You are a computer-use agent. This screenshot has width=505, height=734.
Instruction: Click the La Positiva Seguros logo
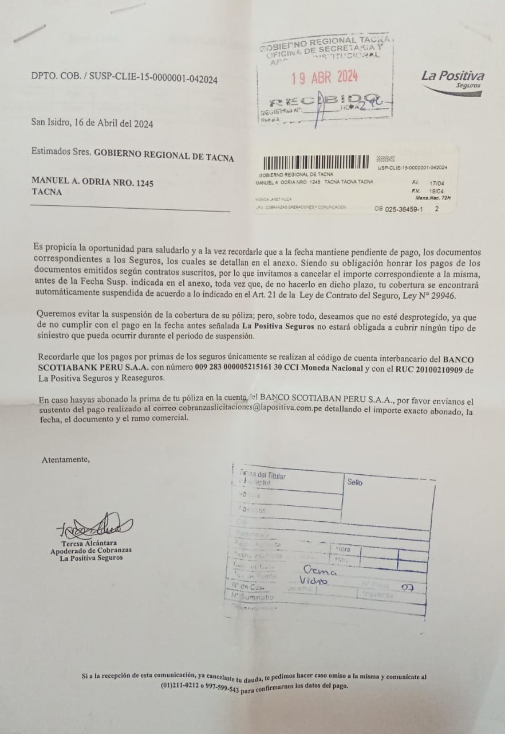[452, 81]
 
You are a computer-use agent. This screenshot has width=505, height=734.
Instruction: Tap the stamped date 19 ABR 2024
[325, 77]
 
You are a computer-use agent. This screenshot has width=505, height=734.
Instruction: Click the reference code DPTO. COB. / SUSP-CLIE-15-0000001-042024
[124, 80]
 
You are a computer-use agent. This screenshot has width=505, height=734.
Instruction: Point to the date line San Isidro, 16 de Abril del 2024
[92, 123]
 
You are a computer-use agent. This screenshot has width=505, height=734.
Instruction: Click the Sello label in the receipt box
[354, 482]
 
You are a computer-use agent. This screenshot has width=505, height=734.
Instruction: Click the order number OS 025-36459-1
[399, 209]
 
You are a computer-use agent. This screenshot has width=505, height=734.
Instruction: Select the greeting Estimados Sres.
[61, 153]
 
